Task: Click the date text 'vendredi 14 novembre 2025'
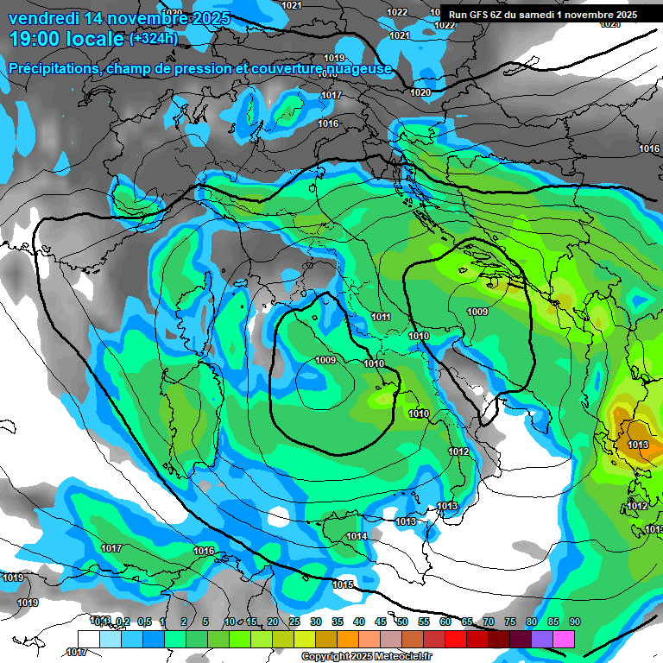(119, 18)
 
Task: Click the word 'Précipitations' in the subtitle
(54, 68)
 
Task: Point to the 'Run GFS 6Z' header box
(542, 14)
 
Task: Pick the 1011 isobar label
(381, 318)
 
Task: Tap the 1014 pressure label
(357, 537)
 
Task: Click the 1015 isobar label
(343, 585)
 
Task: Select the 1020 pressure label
(420, 92)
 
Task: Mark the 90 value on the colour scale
(575, 622)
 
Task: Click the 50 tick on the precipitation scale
(402, 622)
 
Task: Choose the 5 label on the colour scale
(205, 622)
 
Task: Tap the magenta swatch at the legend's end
(564, 639)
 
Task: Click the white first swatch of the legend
(88, 639)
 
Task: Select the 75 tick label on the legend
(510, 622)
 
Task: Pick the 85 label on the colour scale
(553, 622)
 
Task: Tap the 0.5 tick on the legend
(143, 622)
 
